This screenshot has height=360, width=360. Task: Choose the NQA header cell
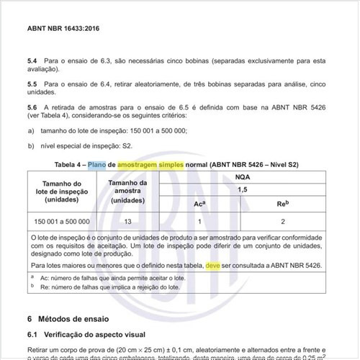[x=243, y=176]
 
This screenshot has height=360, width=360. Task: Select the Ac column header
[x=199, y=204]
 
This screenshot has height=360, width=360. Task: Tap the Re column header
[x=283, y=204]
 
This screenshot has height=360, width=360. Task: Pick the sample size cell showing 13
[x=127, y=221]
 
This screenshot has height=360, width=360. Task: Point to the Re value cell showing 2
[x=283, y=221]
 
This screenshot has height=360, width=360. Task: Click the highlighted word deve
[x=213, y=266]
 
